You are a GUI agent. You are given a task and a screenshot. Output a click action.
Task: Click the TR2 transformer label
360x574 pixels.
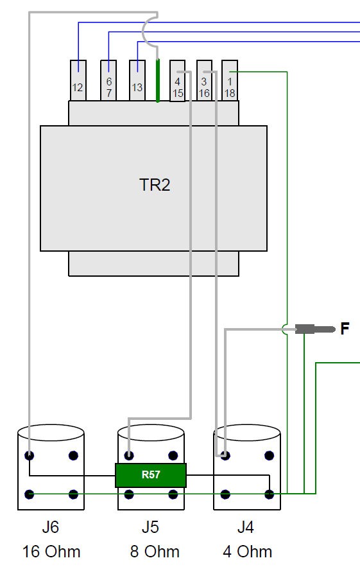click(155, 185)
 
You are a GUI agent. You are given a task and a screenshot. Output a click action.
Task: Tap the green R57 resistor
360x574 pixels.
click(151, 475)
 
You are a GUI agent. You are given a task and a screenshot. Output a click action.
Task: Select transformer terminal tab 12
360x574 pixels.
click(78, 80)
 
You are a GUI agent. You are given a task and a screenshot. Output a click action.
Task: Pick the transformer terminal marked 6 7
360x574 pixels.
click(108, 80)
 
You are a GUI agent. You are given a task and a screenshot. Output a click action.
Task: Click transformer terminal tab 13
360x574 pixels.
click(137, 80)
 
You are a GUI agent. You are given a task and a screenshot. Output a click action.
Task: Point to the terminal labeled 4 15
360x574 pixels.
click(178, 80)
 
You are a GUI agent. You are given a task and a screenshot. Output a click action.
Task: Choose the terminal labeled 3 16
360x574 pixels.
click(204, 80)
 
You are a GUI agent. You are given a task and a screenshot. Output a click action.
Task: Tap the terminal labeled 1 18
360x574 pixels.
click(230, 80)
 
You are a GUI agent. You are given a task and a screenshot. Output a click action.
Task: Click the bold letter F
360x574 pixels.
click(345, 329)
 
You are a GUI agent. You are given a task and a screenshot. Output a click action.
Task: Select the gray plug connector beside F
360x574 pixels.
click(315, 329)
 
